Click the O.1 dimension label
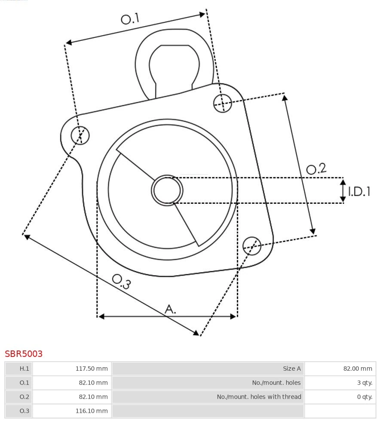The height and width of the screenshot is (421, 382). click(x=130, y=19)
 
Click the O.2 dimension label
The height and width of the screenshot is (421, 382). click(x=316, y=169)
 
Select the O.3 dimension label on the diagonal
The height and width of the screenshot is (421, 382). click(x=121, y=281)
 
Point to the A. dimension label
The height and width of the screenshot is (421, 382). click(x=171, y=309)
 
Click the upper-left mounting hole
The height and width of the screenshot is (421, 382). click(x=80, y=135)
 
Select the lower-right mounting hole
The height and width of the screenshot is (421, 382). click(x=252, y=245)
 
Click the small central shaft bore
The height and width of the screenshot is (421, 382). click(x=167, y=190)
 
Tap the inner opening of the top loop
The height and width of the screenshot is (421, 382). click(x=174, y=67)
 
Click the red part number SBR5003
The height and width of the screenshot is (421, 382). click(x=24, y=354)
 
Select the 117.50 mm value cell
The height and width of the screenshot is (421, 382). click(x=72, y=369)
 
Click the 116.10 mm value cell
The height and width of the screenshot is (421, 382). click(x=72, y=411)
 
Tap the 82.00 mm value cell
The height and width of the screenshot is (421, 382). click(x=340, y=369)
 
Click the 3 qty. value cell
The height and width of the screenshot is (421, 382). click(x=340, y=383)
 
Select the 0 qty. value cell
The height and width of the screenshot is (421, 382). click(x=340, y=396)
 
